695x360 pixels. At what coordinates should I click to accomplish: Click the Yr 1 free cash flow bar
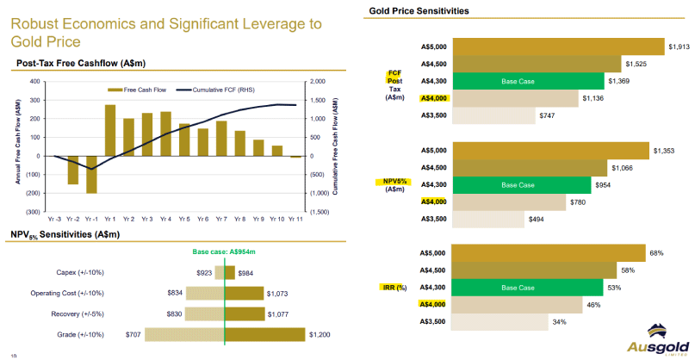click(x=110, y=130)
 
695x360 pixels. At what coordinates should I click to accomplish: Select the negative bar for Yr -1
click(x=91, y=174)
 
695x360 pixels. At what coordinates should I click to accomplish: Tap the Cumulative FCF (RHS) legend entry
click(x=220, y=90)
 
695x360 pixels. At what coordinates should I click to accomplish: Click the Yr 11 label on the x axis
click(x=295, y=219)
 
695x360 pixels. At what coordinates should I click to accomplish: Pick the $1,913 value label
click(x=680, y=47)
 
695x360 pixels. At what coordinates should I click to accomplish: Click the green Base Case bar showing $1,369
click(x=525, y=81)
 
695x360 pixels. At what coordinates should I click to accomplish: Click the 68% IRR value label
click(x=656, y=253)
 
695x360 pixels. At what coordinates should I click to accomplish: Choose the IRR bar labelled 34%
click(x=500, y=321)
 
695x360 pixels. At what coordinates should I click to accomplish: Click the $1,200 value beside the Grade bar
click(x=320, y=333)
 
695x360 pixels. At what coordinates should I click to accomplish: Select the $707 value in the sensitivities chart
click(x=133, y=333)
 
